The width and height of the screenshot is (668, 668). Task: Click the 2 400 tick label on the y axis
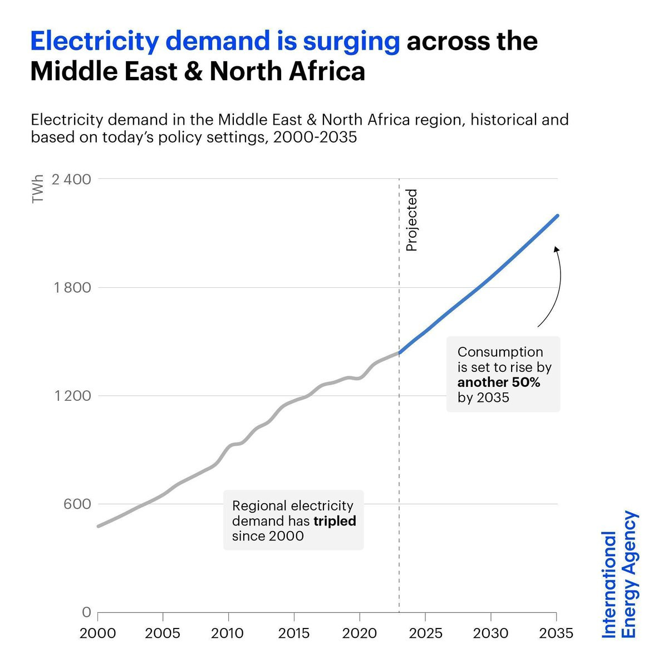click(x=71, y=179)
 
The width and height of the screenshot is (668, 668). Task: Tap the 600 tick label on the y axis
click(x=77, y=504)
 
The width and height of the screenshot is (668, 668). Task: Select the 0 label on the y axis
click(x=86, y=612)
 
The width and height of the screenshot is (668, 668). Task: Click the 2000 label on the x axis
click(x=98, y=633)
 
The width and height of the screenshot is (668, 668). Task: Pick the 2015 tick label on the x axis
click(x=294, y=633)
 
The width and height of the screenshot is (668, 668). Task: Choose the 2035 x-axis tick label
click(x=556, y=633)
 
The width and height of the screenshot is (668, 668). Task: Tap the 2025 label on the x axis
click(x=425, y=633)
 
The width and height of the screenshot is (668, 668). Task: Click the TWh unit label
click(x=38, y=190)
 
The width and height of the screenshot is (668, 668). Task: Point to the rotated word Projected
click(x=411, y=220)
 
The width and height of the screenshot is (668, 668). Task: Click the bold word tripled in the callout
click(x=335, y=521)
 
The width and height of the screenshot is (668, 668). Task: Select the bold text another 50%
click(x=499, y=382)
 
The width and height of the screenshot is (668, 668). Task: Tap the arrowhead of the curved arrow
click(x=556, y=249)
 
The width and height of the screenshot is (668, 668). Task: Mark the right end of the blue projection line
click(x=557, y=215)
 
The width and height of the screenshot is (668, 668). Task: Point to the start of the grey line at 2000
click(x=99, y=526)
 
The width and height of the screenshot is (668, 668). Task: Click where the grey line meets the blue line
click(x=399, y=352)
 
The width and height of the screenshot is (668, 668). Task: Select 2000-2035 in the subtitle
click(x=315, y=137)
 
